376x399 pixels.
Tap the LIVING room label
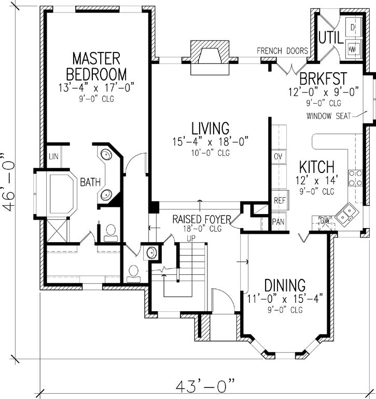coord(210,128)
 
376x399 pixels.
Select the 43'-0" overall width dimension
coord(206,387)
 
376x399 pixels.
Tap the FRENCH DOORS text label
coord(283,51)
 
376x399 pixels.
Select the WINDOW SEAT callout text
coord(331,115)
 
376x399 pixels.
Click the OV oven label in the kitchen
coord(277,156)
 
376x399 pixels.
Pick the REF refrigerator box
coord(279,200)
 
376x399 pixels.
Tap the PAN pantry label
coord(278,222)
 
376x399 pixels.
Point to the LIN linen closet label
coord(53,156)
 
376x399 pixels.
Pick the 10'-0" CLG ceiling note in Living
coord(210,153)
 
